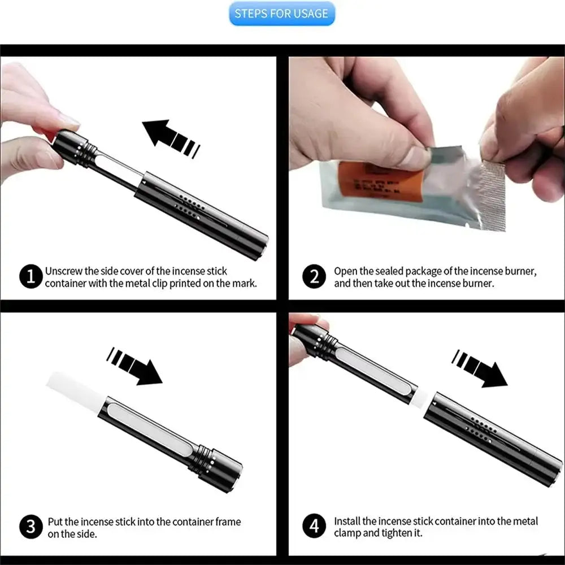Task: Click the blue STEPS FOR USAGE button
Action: point(281,14)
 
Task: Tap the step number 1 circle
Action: point(31,276)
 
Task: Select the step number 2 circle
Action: point(314,276)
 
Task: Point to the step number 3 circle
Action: point(31,527)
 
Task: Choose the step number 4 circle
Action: point(314,527)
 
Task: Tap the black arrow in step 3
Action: point(136,366)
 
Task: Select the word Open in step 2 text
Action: point(345,271)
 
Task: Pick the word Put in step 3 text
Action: point(55,521)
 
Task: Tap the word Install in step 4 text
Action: point(347,521)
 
